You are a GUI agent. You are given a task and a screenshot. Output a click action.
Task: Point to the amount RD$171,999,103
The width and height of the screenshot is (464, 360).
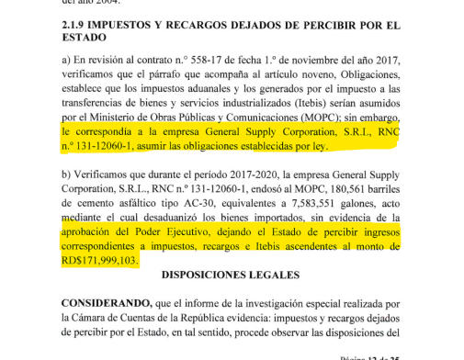pyautogui.click(x=100, y=261)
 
